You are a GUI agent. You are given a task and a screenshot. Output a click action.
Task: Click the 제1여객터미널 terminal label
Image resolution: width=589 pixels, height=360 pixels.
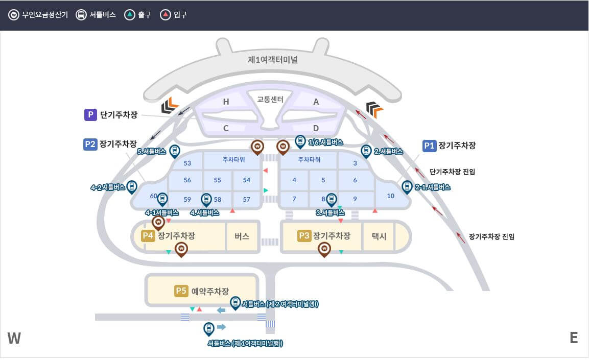tap(272, 59)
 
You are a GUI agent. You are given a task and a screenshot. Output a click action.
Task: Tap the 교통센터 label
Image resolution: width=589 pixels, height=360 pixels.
tap(270, 99)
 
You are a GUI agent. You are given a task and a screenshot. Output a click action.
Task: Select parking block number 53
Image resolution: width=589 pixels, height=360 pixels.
tap(187, 163)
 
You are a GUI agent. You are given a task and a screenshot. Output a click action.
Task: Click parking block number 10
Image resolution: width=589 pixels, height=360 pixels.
tap(391, 196)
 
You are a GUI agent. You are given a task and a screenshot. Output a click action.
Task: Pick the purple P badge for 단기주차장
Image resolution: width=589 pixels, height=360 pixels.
tap(90, 115)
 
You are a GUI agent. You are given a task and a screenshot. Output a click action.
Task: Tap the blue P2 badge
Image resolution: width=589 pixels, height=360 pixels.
tap(90, 144)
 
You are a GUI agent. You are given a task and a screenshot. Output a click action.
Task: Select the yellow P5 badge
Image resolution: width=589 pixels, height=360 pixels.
tap(181, 291)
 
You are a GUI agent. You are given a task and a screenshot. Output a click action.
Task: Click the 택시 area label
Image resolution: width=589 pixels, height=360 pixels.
tap(379, 236)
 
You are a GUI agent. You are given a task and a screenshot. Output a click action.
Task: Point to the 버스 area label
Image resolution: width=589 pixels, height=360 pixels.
tap(242, 236)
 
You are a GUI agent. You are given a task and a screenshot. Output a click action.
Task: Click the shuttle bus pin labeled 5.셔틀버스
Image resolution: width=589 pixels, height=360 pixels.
tap(175, 151)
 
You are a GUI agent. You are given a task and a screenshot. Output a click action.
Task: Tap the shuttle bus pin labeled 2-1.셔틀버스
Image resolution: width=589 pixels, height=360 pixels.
tap(407, 186)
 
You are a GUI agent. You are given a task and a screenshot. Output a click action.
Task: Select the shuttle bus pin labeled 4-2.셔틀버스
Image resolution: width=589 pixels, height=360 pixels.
tap(132, 186)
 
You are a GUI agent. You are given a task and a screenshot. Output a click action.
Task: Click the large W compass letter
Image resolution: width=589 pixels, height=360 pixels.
tap(14, 338)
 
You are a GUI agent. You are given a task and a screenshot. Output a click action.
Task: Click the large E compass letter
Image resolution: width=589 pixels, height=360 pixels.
tap(574, 338)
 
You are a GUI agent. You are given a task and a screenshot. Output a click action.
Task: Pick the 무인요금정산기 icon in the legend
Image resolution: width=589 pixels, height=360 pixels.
tap(13, 15)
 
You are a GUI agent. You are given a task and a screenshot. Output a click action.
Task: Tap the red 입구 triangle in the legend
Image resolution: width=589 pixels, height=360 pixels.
tap(165, 15)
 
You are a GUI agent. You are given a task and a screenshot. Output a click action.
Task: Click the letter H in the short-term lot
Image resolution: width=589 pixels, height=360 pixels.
tap(226, 102)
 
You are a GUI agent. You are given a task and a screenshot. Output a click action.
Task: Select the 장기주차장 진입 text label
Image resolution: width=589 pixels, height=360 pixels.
tap(491, 236)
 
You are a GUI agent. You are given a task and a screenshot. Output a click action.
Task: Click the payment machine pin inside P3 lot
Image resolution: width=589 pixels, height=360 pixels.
tap(324, 249)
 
